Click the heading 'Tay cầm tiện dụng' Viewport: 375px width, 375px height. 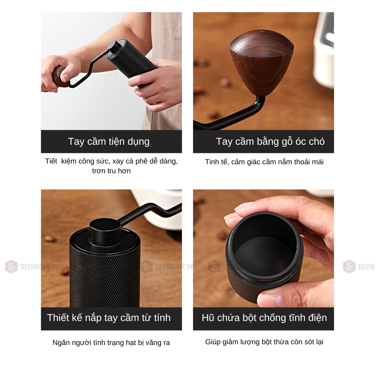coord(109,142)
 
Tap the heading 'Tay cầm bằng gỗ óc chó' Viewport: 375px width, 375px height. coord(270,142)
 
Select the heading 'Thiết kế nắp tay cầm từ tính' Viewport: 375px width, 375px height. coord(109,318)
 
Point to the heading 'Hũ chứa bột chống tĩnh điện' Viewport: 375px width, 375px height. coord(264,318)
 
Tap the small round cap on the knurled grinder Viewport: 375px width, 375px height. coord(105,231)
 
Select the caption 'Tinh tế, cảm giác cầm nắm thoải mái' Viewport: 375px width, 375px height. coord(264,162)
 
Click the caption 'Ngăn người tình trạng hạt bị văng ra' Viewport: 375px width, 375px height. coord(111,343)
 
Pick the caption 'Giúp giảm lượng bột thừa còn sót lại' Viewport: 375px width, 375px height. coord(264,342)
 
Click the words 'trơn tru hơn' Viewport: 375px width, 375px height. coord(111,171)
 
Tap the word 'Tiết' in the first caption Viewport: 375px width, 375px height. coord(51,161)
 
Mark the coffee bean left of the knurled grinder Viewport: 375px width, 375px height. coord(50,238)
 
